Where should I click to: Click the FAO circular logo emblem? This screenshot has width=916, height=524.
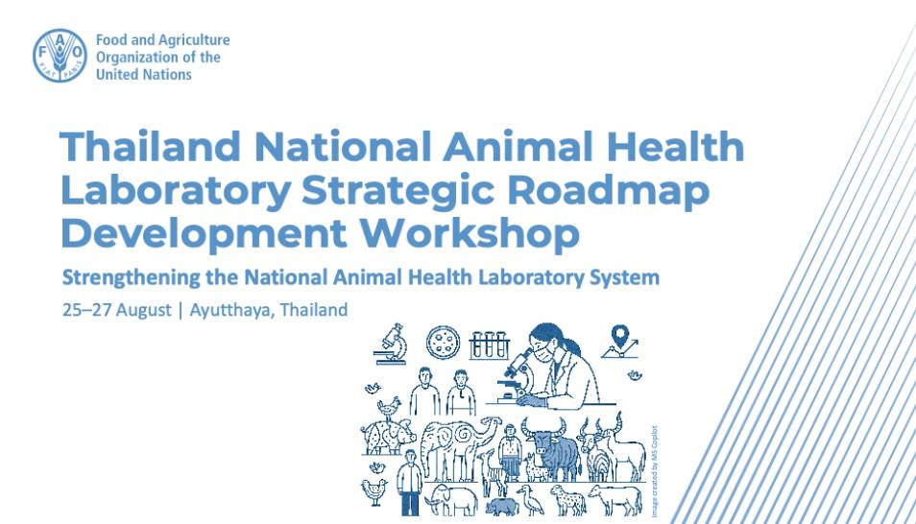(60, 56)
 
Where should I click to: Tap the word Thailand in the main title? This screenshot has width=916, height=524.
(150, 146)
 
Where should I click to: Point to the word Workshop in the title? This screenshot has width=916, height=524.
(470, 233)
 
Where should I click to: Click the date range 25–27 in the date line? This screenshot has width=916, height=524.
(87, 310)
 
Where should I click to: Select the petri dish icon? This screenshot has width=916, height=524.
(443, 343)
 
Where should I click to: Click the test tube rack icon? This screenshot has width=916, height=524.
(489, 345)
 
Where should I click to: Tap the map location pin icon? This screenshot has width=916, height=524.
(619, 342)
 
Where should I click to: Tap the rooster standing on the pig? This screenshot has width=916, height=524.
(389, 407)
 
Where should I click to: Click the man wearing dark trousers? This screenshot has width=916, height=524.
(410, 483)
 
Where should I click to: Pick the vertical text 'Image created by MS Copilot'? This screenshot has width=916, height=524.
(654, 471)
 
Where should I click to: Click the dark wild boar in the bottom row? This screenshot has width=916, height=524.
(502, 507)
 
